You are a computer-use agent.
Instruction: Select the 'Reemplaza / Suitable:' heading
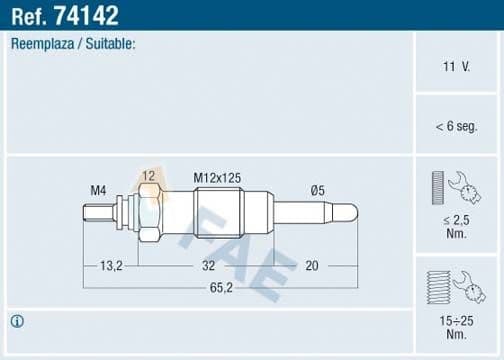(x=73, y=45)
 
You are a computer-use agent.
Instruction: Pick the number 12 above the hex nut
(x=148, y=176)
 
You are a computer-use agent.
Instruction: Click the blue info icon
(x=17, y=321)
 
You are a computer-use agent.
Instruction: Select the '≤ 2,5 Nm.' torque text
(x=456, y=224)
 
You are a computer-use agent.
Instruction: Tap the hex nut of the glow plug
(x=148, y=212)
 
